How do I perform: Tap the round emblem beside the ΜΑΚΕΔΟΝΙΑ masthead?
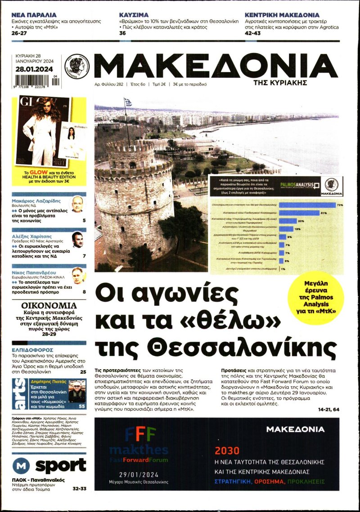(77, 67)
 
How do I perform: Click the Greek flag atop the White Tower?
(128, 102)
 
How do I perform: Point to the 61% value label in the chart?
(323, 213)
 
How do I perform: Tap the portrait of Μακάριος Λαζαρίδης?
(77, 204)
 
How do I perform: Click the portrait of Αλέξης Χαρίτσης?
(77, 240)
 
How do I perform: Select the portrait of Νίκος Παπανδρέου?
(77, 275)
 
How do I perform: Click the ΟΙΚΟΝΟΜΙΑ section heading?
(49, 305)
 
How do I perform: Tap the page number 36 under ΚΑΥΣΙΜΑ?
(122, 33)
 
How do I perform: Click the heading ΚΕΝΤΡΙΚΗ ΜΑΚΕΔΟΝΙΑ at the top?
(282, 15)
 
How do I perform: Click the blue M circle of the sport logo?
(21, 465)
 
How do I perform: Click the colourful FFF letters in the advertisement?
(140, 435)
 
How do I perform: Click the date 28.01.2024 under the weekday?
(34, 69)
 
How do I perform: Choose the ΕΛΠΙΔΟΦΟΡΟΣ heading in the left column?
(33, 349)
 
